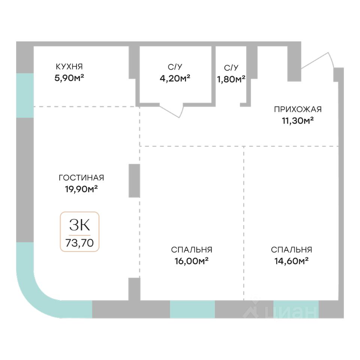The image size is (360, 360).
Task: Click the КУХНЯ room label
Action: pos(69,67)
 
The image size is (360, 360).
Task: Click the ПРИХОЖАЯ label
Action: pos(298,109)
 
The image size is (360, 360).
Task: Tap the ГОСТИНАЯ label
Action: pos(81,178)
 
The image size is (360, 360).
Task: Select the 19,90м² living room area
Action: pos(81,189)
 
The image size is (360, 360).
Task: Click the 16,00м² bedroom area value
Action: pos(192,261)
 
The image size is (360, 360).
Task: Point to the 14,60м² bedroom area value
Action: pos(291,261)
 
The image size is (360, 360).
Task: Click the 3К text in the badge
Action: pos(79,225)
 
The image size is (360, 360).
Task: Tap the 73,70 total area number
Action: pos(79,242)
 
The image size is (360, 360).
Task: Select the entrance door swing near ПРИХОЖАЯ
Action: pos(317,62)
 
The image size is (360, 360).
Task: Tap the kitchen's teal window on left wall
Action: pos(25,95)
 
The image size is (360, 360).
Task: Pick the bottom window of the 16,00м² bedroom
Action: pos(192,309)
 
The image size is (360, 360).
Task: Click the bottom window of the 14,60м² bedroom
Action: pos(295,309)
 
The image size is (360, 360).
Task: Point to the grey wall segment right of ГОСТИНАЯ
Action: pos(134,180)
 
